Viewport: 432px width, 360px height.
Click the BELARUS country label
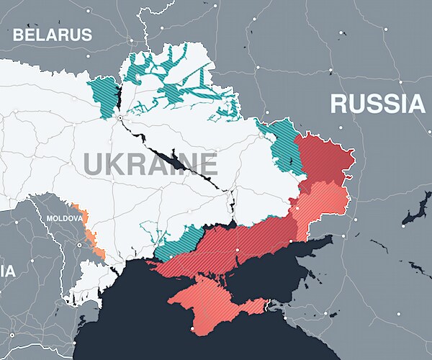(53, 34)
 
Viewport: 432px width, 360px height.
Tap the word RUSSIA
(377, 104)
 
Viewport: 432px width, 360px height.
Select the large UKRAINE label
(150, 165)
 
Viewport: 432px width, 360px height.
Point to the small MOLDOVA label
(63, 217)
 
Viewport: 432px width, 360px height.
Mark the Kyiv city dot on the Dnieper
(121, 116)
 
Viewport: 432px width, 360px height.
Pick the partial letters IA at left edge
(6, 271)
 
